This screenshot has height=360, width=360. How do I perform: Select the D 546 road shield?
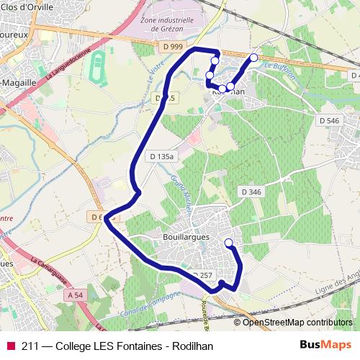click(328, 121)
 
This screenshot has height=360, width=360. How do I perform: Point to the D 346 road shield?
click(251, 192)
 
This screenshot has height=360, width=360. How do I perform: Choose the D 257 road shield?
click(202, 274)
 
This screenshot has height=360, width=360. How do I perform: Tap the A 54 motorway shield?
click(75, 295)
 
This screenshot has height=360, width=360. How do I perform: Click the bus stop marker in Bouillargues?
click(229, 243)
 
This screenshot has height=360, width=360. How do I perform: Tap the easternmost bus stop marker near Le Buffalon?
click(253, 57)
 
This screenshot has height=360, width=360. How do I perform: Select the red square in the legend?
click(11, 345)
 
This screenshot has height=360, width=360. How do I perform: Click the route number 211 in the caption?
click(30, 345)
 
